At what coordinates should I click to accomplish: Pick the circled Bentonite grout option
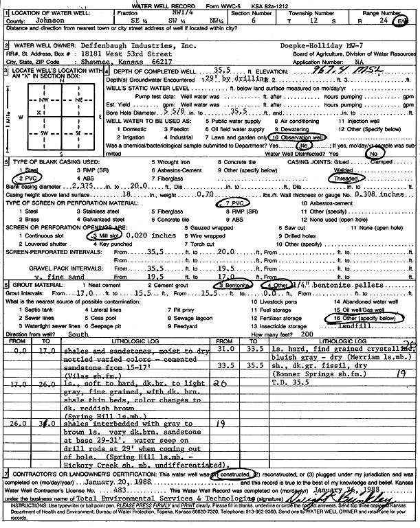click(237, 284)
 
